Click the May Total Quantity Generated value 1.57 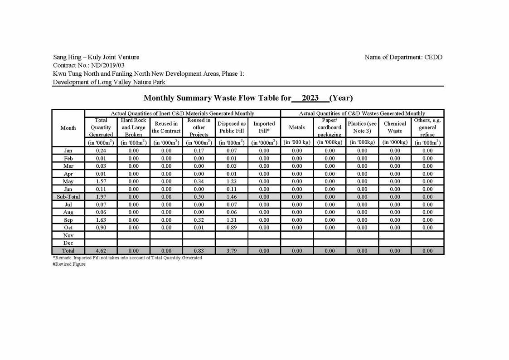101,181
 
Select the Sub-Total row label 68,197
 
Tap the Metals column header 297,127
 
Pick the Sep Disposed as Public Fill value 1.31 231,220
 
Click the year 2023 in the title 310,98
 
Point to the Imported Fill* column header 264,127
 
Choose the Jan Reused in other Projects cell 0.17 199,151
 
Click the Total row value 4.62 101,250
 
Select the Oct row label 68,228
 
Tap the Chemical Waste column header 395,127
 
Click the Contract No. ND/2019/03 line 89,65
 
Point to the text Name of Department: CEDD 403,57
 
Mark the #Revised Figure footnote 69,264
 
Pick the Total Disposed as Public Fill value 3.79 231,250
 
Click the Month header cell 68,128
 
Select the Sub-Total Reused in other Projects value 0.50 199,197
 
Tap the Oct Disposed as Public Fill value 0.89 231,228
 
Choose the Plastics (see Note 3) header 362,127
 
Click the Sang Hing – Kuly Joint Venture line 96,57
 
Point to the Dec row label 68,243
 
